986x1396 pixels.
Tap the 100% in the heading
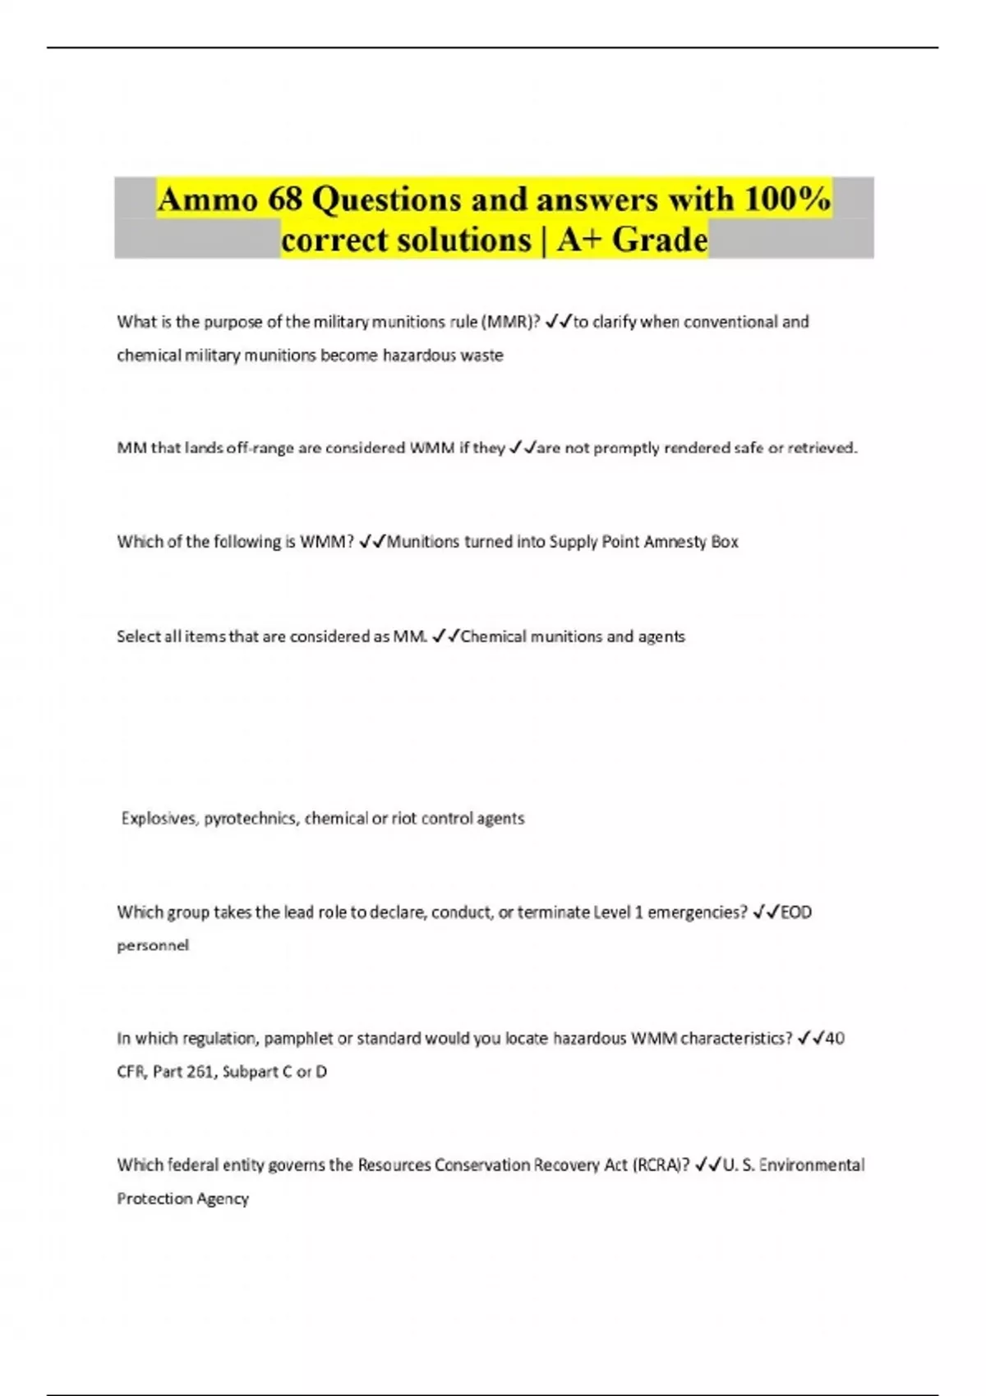pyautogui.click(x=786, y=200)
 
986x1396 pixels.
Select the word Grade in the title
pyautogui.click(x=660, y=240)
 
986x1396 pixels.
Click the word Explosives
pyautogui.click(x=160, y=819)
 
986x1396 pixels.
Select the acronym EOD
pyautogui.click(x=795, y=912)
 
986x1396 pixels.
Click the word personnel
pyautogui.click(x=153, y=946)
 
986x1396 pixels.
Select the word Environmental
pyautogui.click(x=812, y=1165)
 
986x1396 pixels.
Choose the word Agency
pyautogui.click(x=223, y=1199)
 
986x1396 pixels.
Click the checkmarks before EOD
pyautogui.click(x=765, y=912)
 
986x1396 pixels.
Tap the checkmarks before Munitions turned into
pyautogui.click(x=372, y=542)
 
